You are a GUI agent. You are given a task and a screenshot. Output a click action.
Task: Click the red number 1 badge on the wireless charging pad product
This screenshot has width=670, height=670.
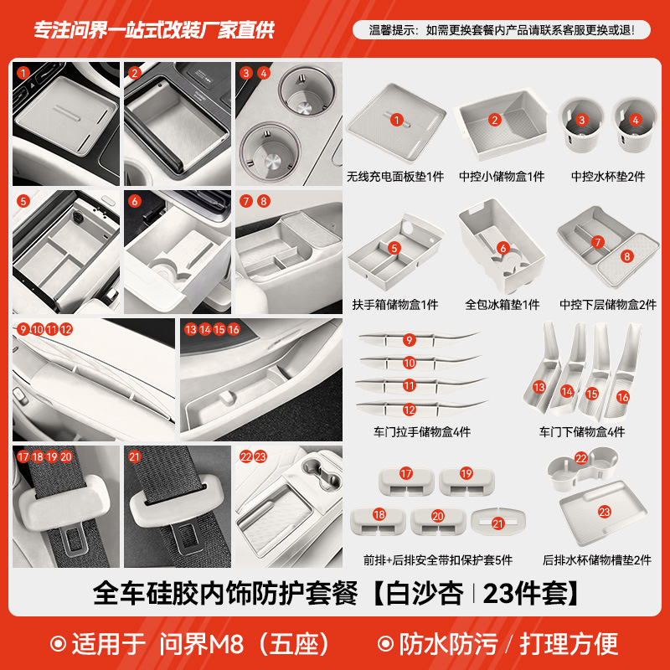396,120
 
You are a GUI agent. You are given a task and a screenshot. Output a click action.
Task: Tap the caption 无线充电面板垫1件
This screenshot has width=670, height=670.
395,177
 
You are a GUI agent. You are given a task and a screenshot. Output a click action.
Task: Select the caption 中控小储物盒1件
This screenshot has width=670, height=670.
501,177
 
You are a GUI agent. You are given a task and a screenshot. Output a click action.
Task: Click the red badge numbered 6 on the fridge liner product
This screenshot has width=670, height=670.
502,248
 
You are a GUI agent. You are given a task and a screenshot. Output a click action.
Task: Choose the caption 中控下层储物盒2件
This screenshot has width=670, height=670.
608,305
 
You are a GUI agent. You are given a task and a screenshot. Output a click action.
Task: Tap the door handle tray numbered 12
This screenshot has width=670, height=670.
408,410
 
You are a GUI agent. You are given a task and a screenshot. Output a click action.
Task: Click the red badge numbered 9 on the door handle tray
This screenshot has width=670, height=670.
409,340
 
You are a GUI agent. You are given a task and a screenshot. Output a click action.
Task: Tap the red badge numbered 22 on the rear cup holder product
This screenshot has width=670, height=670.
581,458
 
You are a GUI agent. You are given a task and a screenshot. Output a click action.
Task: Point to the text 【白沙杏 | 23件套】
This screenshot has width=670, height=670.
475,594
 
